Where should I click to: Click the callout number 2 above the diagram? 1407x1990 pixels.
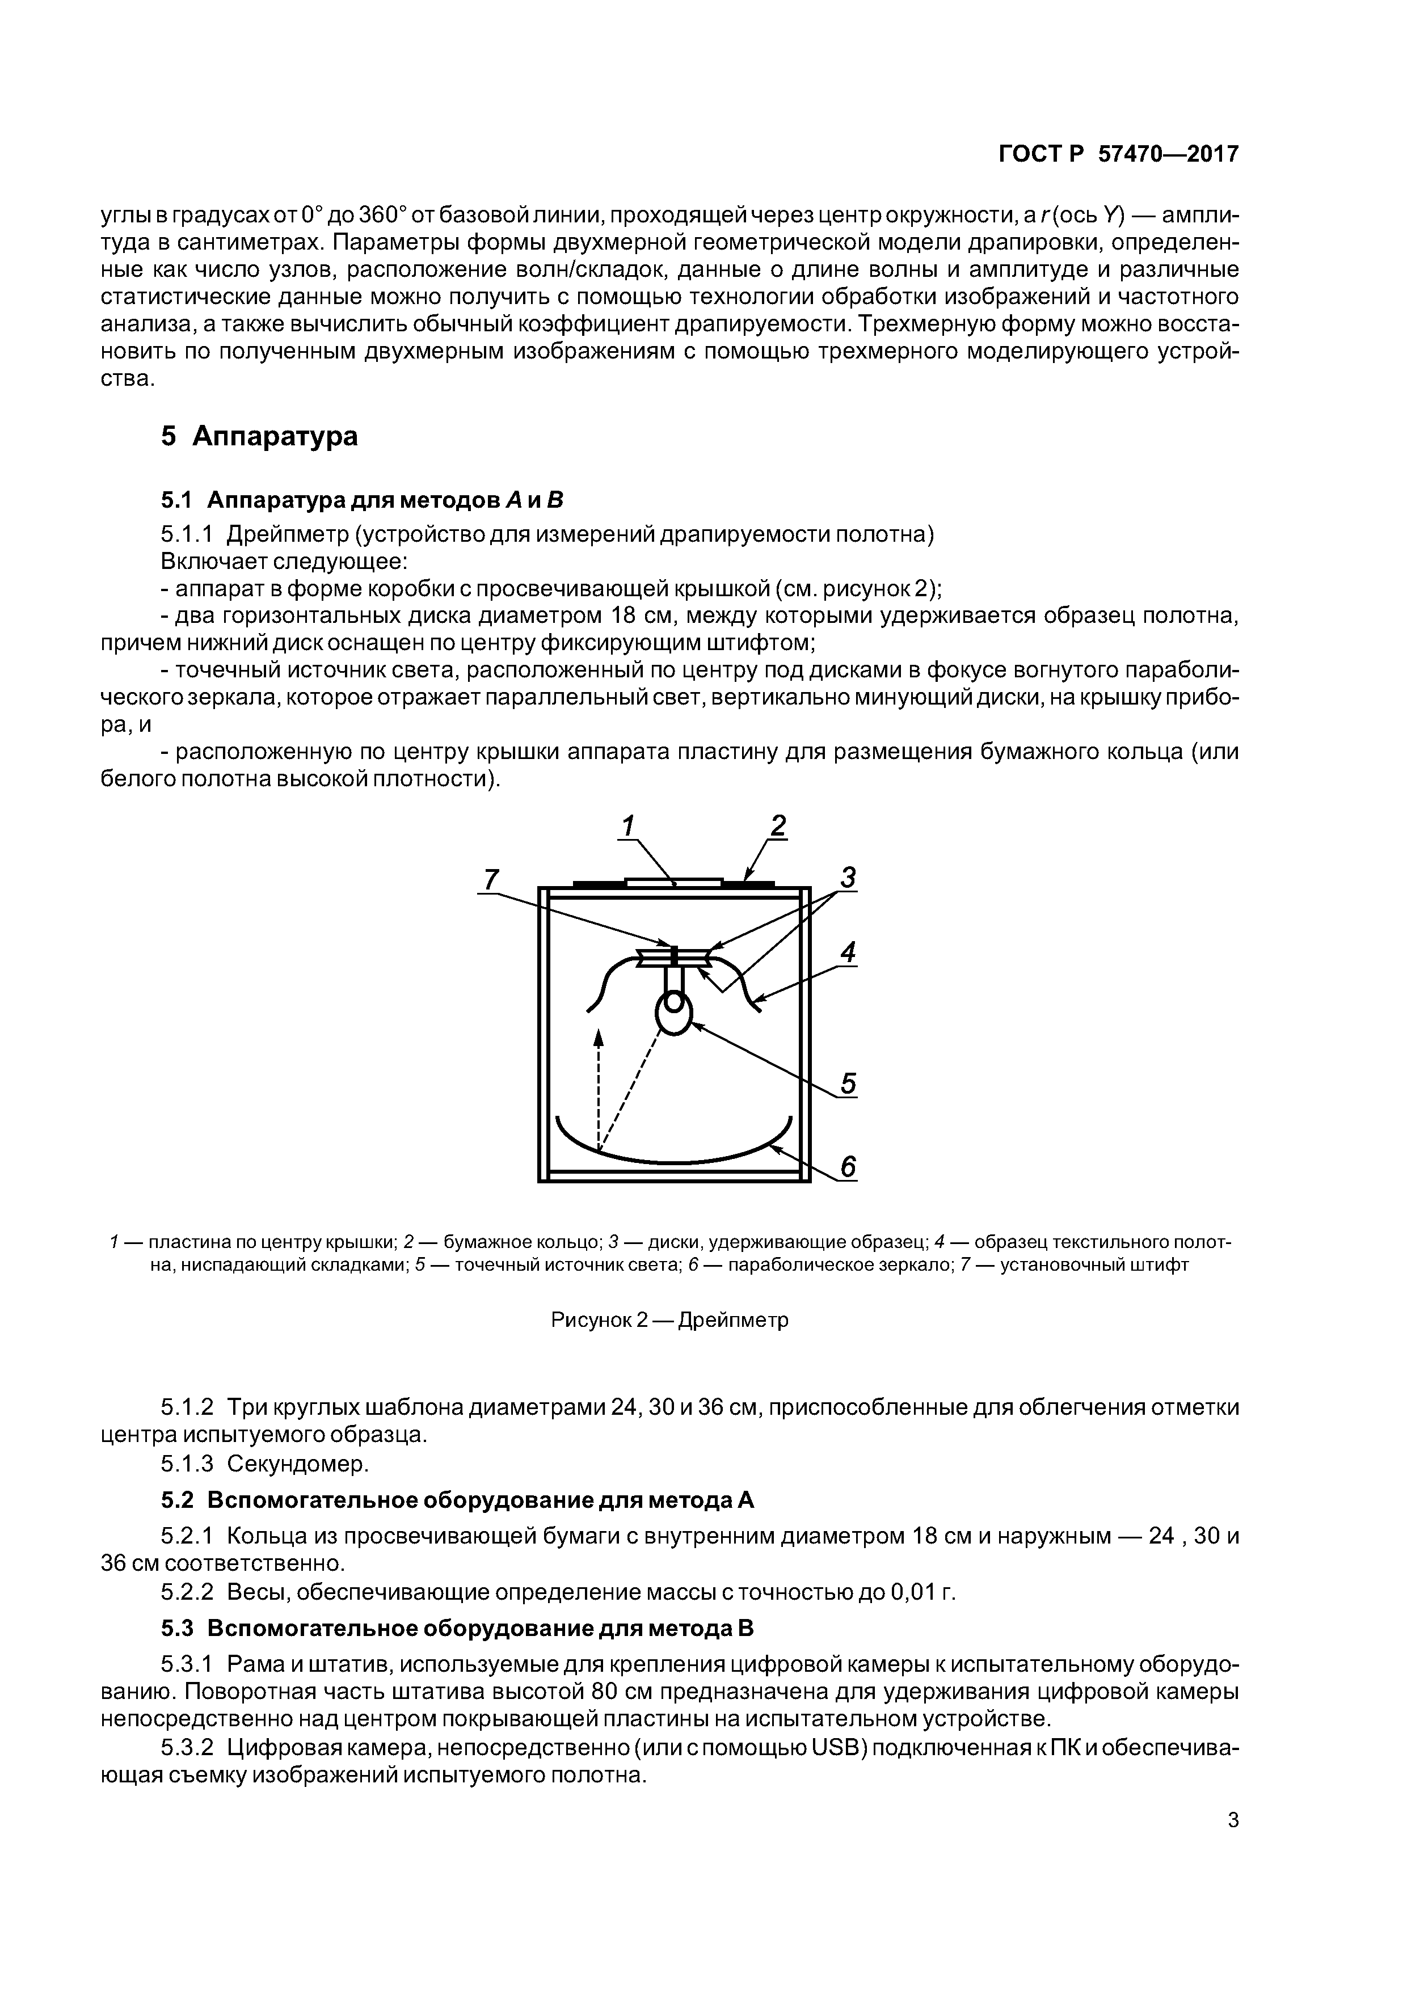coord(778,825)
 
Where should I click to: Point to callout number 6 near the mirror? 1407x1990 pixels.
coord(848,1167)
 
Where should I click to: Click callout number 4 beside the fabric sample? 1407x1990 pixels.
coord(848,952)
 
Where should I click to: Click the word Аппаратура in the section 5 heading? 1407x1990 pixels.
coord(275,436)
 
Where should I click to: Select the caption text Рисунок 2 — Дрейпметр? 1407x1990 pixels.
coord(669,1320)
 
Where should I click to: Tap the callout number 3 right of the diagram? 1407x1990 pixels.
coord(848,878)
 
